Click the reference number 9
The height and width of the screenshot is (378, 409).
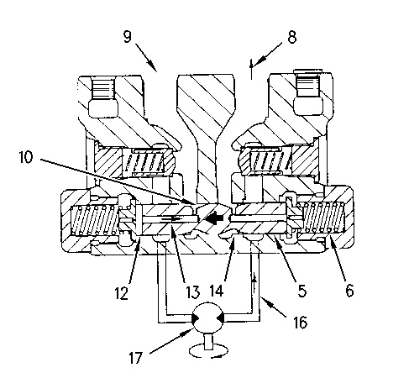[x=127, y=36]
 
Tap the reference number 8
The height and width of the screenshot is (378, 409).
[x=292, y=37]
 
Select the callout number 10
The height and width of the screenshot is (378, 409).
[x=26, y=157]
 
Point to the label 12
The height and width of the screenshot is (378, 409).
[x=121, y=293]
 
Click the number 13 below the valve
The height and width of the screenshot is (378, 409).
[x=193, y=292]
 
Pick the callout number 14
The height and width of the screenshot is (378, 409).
[x=217, y=291]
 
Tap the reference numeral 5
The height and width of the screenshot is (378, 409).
[x=302, y=291]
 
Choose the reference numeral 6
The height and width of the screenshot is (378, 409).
[x=349, y=291]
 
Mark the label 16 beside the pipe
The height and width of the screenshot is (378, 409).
[x=301, y=322]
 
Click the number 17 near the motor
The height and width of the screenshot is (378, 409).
[x=136, y=358]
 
